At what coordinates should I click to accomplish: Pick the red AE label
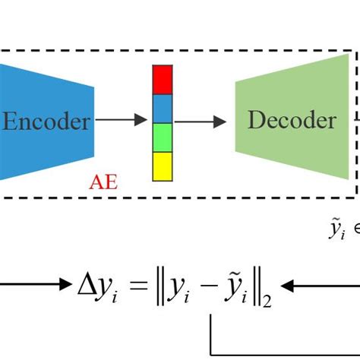click(x=104, y=183)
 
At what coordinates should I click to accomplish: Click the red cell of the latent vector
click(x=163, y=80)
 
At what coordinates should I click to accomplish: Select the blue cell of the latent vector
click(x=163, y=109)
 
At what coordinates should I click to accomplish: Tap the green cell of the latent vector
click(x=163, y=137)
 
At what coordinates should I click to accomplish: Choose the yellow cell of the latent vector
click(x=163, y=166)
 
